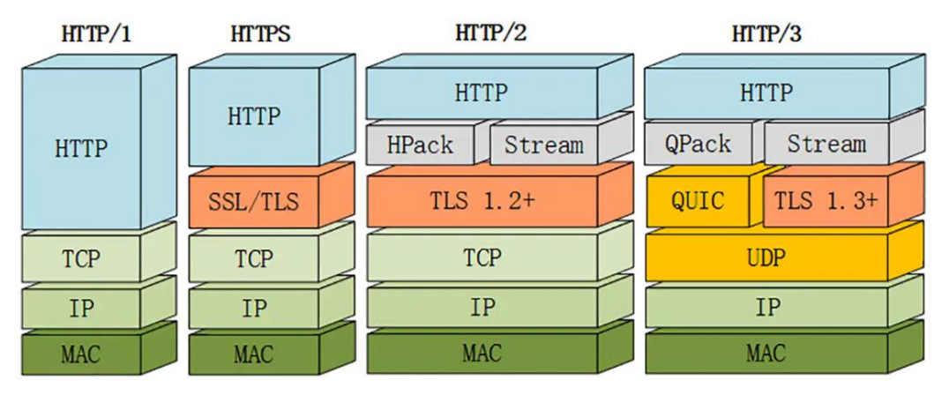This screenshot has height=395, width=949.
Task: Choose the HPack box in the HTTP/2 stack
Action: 420,144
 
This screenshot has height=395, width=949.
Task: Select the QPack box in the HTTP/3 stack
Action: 698,144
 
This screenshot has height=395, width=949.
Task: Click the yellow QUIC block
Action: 698,201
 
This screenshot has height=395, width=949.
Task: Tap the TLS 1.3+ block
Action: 826,201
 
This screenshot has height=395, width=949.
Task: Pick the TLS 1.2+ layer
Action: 482,201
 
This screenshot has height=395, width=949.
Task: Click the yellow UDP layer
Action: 766,257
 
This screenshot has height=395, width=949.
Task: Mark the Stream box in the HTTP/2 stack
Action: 544,144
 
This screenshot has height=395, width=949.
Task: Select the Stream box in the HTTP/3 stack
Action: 826,144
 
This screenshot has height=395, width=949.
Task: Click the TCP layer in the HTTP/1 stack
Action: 80,258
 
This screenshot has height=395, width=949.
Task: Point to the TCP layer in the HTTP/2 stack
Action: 482,257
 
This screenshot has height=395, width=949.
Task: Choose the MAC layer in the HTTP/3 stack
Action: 766,354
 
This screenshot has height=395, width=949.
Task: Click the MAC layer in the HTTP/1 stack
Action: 80,355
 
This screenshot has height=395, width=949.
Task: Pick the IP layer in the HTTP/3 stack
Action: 766,308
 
